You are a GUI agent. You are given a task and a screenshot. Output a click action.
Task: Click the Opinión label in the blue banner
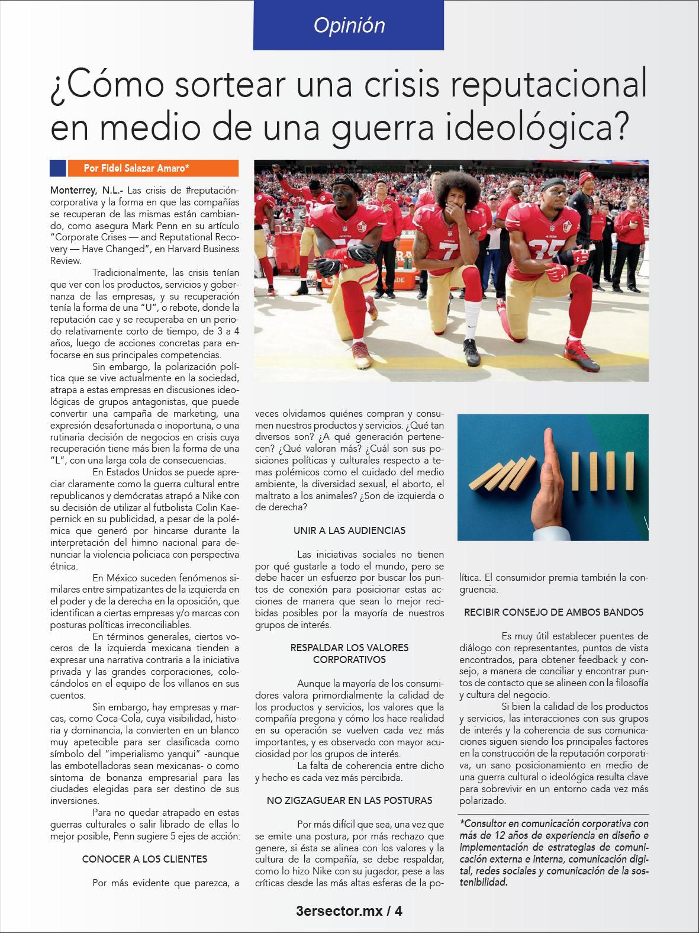(x=349, y=25)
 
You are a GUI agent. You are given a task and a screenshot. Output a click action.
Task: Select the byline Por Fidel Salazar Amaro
(x=137, y=168)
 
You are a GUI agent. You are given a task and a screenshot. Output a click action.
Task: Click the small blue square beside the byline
(x=57, y=168)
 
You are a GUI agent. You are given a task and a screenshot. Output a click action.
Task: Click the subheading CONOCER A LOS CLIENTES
(x=144, y=858)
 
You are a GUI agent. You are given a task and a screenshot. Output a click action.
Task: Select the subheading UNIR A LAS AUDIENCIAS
(x=349, y=530)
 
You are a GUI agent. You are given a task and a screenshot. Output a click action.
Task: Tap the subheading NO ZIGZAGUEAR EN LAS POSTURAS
(x=349, y=800)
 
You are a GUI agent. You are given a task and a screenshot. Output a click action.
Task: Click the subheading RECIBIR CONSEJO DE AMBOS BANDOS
(x=553, y=612)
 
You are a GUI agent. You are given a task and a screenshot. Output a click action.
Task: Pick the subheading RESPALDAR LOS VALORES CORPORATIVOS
(x=349, y=653)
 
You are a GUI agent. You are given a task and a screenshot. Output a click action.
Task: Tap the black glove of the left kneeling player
(x=357, y=255)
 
